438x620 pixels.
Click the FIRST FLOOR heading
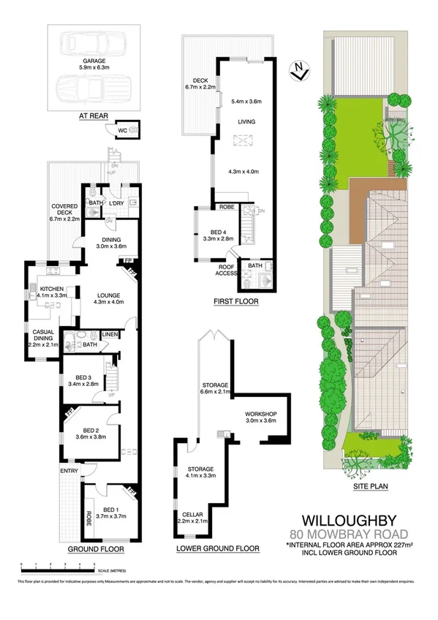(236, 300)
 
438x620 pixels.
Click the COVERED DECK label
(64, 213)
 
